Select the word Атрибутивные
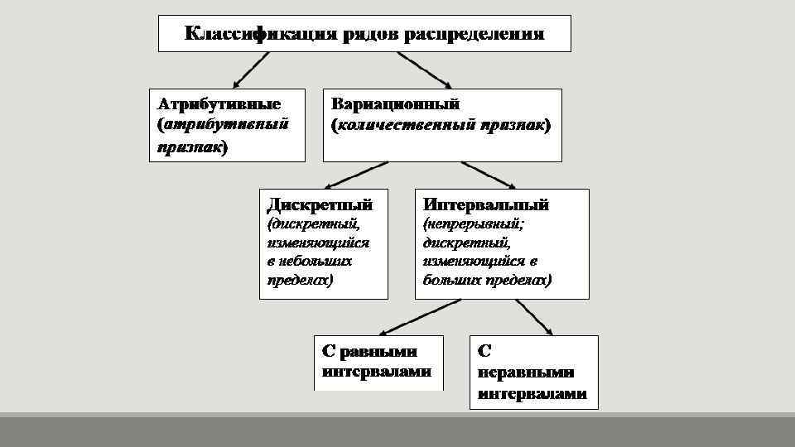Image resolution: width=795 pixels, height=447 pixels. point(219,104)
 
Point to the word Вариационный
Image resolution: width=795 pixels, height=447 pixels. point(395,104)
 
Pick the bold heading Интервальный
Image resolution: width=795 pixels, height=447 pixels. point(485,204)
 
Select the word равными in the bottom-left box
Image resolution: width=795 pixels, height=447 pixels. point(378,351)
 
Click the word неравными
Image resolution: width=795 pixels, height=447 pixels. point(526,372)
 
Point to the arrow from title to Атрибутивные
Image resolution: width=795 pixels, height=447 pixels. point(252,70)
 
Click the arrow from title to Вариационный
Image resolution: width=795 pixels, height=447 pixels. point(423,70)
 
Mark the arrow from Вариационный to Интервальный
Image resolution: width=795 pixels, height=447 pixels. point(489,175)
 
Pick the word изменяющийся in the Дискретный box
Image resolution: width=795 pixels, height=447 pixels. point(318,243)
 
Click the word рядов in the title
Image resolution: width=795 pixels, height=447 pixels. point(367,34)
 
